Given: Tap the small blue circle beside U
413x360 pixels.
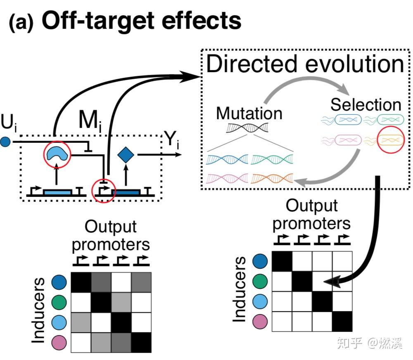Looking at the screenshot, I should (5, 143).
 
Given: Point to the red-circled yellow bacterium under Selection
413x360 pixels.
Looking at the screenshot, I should (390, 140).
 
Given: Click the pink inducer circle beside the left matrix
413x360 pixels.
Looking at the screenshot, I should (59, 343).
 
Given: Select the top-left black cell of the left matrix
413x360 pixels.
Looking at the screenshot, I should (81, 282).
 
